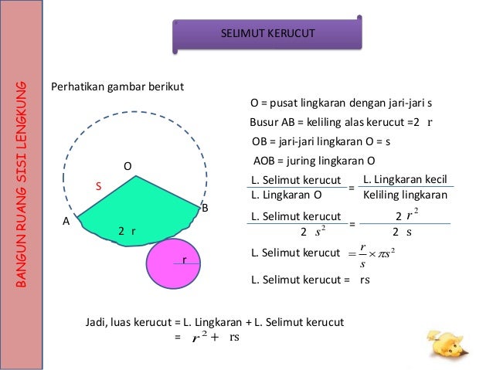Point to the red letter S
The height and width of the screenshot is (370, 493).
coord(98,186)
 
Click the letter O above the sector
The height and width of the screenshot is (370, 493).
coord(128,166)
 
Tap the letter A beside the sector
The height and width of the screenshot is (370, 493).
coord(66,221)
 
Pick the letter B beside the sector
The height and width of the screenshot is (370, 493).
coord(205,209)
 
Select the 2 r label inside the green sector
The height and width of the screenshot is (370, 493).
coord(127,230)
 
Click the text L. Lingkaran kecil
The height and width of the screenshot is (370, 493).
coord(405,179)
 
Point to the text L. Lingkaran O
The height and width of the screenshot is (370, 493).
coord(287,195)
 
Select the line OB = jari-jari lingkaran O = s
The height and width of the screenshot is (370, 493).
coord(321,142)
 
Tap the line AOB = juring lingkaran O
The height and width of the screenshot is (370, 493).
coord(314,161)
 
